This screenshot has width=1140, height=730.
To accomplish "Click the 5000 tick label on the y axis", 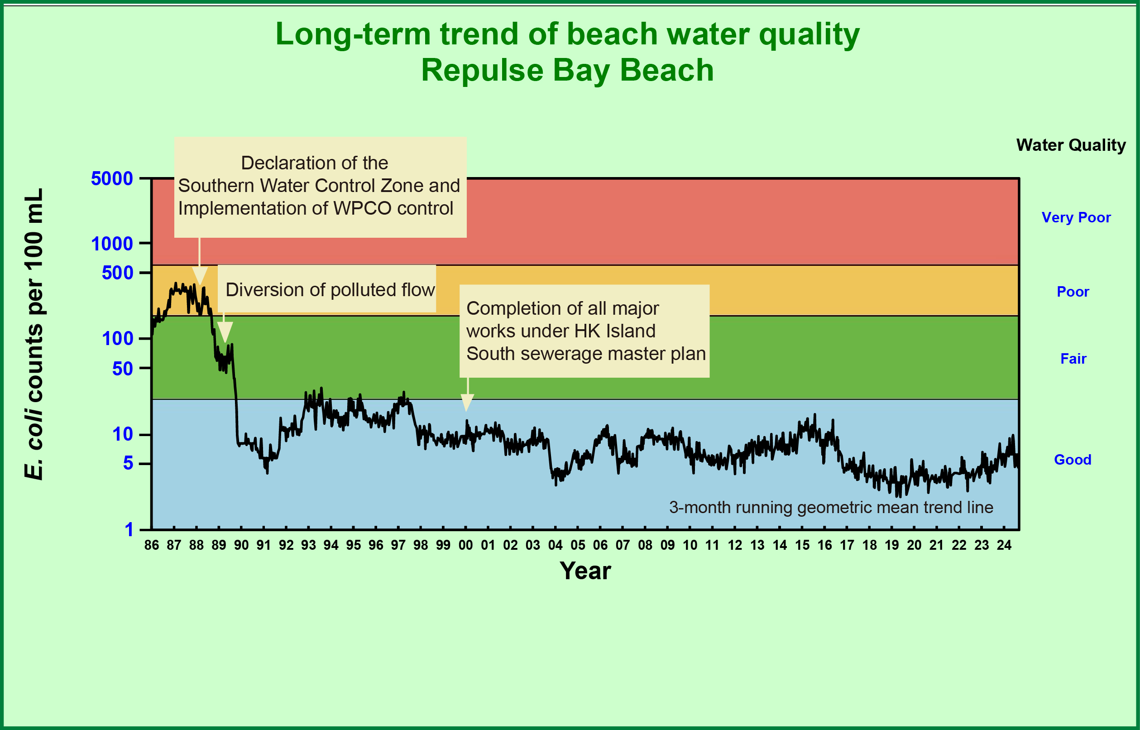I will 112,179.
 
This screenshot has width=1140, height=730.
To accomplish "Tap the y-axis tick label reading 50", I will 122,369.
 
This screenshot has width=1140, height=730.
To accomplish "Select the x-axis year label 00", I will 465,545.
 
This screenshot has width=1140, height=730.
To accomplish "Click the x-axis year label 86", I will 152,545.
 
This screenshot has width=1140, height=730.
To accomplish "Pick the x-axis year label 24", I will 1004,545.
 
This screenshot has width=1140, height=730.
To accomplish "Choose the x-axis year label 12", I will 735,545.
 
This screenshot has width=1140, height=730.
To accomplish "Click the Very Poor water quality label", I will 1076,217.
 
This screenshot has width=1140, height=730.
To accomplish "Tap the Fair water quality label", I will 1073,359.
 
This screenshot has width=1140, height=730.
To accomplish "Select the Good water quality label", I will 1073,459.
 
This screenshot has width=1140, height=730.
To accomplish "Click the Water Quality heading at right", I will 1071,145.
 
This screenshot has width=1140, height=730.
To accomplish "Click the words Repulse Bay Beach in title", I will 567,70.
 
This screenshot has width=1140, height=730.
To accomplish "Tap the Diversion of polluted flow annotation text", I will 330,290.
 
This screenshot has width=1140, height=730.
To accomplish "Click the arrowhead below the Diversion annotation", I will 225,332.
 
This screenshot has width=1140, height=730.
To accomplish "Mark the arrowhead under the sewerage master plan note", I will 467,403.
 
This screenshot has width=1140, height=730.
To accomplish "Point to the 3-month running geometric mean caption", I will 831,508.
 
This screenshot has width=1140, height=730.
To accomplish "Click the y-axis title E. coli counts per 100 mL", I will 34,334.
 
